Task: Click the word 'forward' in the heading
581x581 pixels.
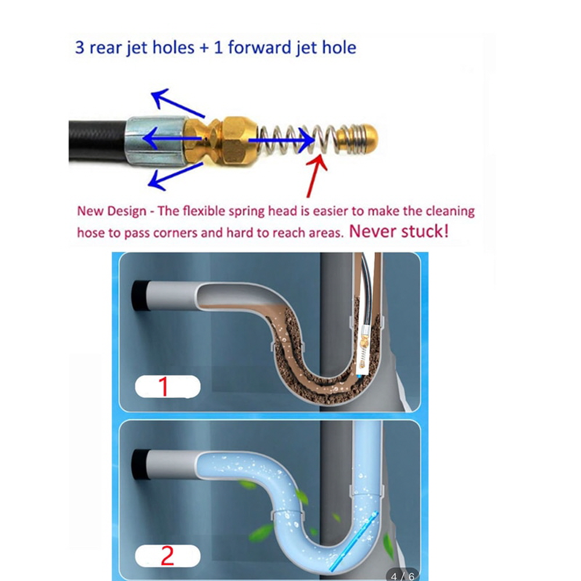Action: point(259,48)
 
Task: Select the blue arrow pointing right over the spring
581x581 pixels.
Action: point(282,141)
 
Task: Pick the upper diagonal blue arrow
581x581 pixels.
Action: point(177,103)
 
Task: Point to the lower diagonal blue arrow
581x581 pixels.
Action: point(175,177)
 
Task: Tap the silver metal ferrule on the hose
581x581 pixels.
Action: point(155,140)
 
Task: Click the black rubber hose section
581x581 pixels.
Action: point(97,141)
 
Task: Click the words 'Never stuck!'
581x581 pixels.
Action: point(399,231)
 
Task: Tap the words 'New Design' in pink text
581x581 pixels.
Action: point(112,211)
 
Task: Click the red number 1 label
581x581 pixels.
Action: point(163,387)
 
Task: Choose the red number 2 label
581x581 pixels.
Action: point(167,555)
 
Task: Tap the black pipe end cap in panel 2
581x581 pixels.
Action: point(140,465)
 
